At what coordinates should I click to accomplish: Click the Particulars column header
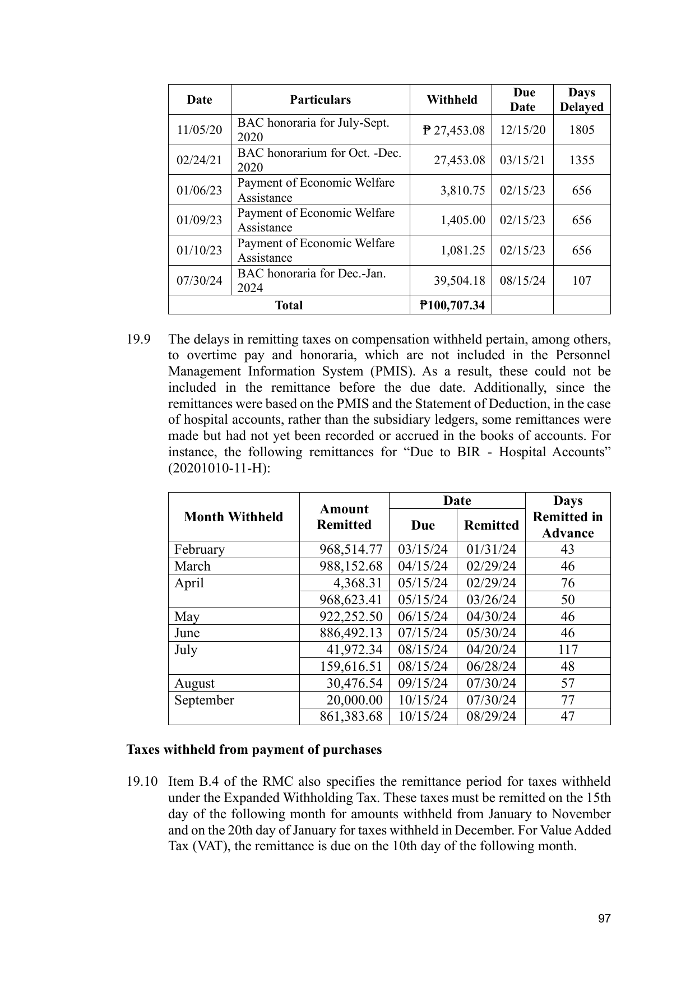[320, 100]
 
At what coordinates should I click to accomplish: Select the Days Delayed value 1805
[581, 130]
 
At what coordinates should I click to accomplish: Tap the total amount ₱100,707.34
[452, 305]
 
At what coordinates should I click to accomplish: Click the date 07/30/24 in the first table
[199, 280]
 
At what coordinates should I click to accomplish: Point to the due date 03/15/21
[522, 160]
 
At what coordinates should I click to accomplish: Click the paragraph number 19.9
[138, 340]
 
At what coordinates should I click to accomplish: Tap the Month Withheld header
[233, 517]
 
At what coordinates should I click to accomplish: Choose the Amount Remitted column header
[344, 517]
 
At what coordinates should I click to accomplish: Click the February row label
[199, 549]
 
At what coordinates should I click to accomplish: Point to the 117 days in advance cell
[567, 650]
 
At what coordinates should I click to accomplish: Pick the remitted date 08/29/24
[491, 716]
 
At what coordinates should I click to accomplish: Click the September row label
[204, 700]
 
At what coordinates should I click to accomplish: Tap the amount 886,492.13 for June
[351, 633]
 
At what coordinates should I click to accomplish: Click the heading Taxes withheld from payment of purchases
[254, 750]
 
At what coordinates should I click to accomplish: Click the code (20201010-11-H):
[219, 469]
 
